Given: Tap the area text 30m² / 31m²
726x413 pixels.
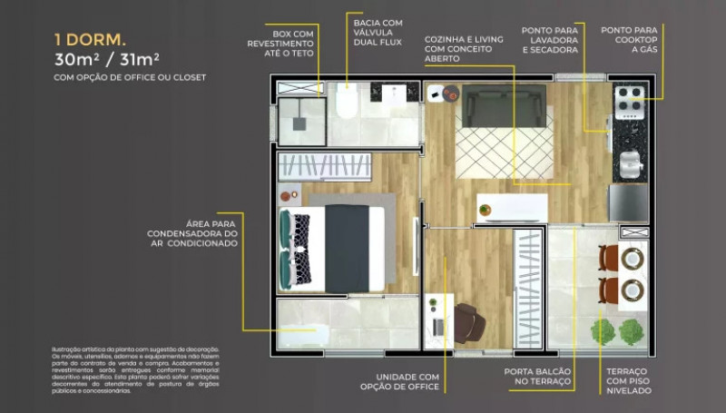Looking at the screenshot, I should pos(106,60).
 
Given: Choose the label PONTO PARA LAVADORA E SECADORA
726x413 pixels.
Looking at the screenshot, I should pos(550,40).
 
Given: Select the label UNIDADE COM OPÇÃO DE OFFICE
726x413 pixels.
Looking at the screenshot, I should pos(405,381).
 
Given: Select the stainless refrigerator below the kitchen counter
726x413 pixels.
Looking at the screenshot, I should pos(629,203).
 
